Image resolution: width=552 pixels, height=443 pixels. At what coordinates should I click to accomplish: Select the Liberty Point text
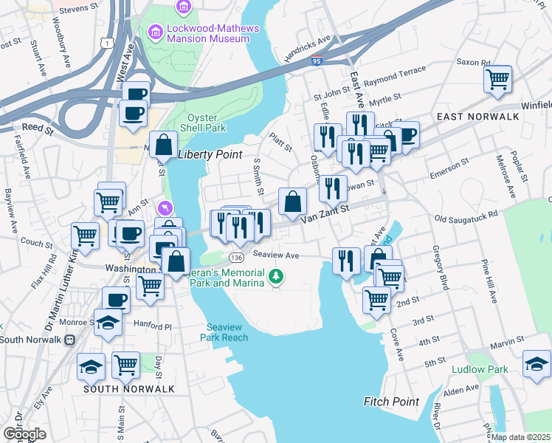(206, 155)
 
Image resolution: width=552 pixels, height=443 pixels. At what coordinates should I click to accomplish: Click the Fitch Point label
(391, 402)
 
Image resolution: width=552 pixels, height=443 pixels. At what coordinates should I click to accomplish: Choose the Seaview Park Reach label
(224, 332)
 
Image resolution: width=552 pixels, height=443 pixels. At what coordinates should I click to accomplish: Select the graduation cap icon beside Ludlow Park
(536, 363)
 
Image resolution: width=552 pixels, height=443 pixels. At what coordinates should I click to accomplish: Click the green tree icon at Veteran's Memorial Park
(276, 277)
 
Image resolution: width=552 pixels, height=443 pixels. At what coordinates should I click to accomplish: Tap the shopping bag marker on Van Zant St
(293, 201)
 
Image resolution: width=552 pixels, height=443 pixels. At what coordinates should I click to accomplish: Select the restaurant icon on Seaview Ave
(345, 260)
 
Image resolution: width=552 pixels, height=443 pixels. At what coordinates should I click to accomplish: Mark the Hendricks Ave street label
(307, 49)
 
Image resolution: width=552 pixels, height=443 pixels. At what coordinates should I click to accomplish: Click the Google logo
(24, 434)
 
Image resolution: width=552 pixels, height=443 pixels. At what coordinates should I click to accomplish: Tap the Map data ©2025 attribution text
(521, 437)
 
